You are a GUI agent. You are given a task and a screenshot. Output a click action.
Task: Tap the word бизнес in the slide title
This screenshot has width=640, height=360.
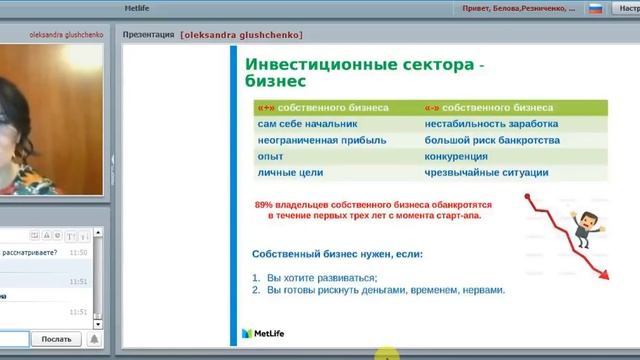(275, 82)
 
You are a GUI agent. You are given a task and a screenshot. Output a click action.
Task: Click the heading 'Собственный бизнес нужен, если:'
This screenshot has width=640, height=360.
(337, 254)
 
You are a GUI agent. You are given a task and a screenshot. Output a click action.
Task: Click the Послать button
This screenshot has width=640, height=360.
(55, 339)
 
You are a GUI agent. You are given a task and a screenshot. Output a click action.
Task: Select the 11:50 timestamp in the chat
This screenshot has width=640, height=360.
(79, 253)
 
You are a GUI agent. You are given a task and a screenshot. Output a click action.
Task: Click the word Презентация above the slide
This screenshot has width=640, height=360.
(147, 34)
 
